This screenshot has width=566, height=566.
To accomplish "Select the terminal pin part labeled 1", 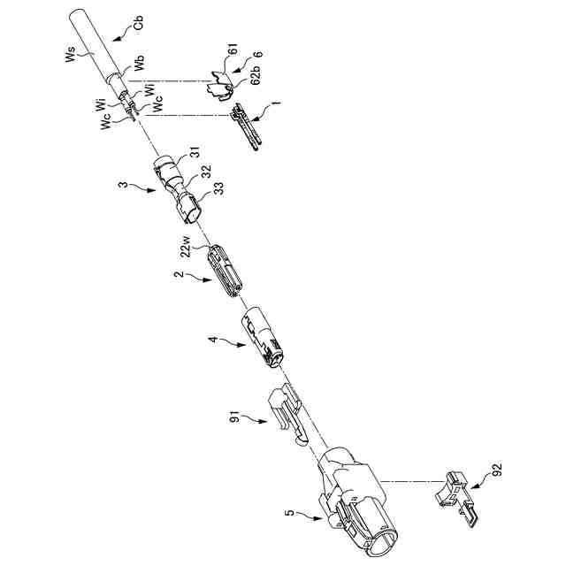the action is pyautogui.click(x=247, y=126).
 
